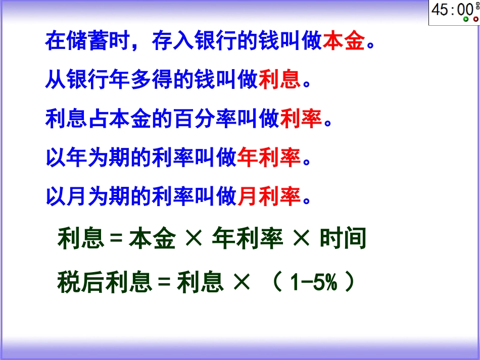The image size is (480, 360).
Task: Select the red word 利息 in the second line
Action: [279, 80]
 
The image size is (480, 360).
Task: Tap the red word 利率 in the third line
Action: [301, 119]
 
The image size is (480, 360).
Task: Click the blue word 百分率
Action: [183, 119]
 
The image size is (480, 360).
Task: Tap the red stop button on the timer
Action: [475, 19]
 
